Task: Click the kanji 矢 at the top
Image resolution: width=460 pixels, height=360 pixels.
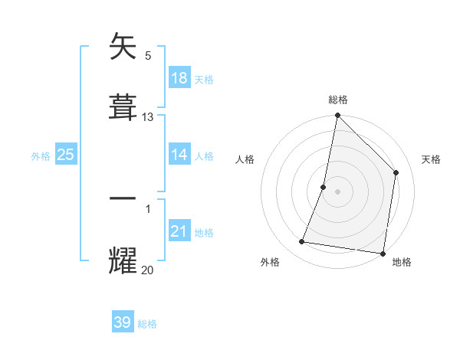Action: (123, 47)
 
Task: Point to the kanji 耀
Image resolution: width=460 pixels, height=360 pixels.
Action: (123, 260)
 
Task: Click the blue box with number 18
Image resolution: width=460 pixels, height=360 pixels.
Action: (179, 78)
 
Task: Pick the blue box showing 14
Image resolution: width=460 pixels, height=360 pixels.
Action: (179, 155)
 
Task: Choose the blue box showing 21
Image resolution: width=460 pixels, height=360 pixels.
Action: (179, 231)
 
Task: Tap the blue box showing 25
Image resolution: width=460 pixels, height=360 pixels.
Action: (66, 155)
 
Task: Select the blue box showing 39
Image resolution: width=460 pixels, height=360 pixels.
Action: (123, 322)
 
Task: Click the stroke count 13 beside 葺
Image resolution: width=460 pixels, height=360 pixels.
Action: (148, 117)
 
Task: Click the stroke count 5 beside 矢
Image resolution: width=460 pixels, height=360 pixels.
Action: (148, 56)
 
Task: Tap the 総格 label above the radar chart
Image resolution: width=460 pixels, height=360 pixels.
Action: (338, 100)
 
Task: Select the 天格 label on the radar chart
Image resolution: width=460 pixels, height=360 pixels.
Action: (432, 159)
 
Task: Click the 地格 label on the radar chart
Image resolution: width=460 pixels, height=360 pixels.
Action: (402, 262)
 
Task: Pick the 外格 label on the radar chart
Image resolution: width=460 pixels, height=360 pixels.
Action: (270, 262)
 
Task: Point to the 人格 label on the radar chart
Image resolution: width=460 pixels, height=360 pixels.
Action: (245, 159)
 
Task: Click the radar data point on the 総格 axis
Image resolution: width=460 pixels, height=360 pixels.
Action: (337, 116)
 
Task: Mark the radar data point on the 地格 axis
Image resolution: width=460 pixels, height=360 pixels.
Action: (383, 253)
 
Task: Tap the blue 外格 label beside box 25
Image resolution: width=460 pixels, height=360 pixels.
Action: (41, 155)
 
